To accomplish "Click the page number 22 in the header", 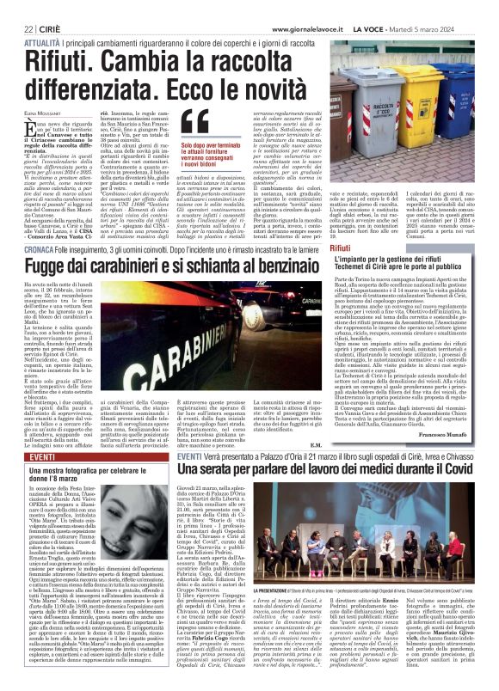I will pyautogui.click(x=16, y=7).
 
